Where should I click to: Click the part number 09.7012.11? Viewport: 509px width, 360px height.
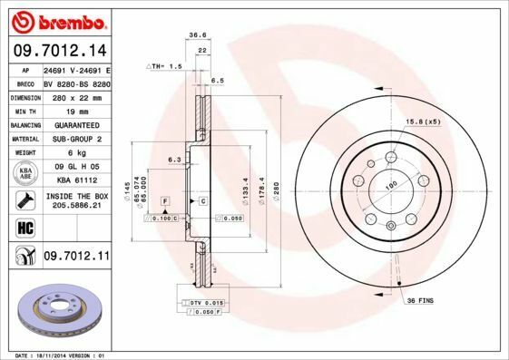click(x=76, y=258)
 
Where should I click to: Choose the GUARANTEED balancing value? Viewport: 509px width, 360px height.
click(x=76, y=125)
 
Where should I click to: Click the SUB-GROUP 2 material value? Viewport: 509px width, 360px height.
click(x=76, y=139)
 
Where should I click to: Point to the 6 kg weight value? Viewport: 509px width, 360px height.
click(x=76, y=152)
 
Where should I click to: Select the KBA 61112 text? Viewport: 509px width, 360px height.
click(x=76, y=180)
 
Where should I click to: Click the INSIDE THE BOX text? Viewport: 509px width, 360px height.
click(x=76, y=196)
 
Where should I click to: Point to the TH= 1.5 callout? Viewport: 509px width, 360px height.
click(x=167, y=67)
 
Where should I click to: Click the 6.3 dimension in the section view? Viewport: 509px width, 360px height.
click(x=174, y=160)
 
